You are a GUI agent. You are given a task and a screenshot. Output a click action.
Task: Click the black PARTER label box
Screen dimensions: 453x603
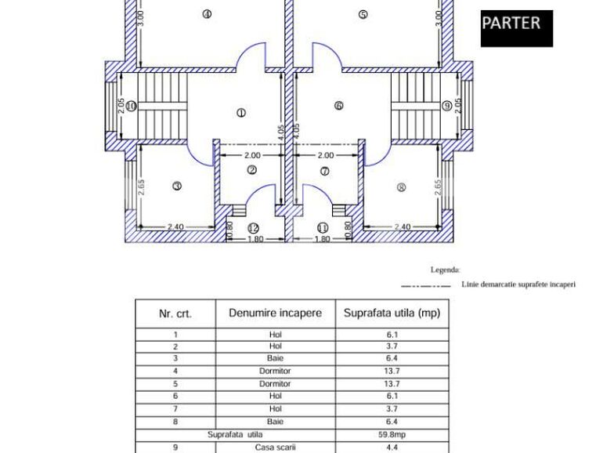(516, 28)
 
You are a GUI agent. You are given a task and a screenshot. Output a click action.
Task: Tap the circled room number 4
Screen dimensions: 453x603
(207, 13)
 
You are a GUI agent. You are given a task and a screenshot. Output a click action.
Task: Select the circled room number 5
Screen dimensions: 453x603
(363, 13)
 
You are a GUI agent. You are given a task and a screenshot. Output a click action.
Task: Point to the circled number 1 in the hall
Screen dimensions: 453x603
(240, 113)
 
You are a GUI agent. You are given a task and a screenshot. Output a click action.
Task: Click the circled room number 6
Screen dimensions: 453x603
(338, 106)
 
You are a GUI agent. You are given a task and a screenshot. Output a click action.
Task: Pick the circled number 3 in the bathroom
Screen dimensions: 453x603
(177, 186)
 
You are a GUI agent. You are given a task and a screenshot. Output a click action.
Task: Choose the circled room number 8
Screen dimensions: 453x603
(402, 187)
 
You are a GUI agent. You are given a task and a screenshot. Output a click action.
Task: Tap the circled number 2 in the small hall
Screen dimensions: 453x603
(252, 170)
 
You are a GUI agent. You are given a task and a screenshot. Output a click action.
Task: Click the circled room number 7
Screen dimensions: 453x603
(324, 171)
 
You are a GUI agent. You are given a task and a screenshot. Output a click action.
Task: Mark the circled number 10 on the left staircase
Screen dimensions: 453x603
(132, 106)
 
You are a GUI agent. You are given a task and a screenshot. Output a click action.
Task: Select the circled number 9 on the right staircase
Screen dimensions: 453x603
(446, 106)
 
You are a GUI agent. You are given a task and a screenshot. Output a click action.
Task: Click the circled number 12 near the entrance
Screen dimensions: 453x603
(252, 228)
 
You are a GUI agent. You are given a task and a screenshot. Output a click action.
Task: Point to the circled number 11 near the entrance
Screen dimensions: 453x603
(323, 228)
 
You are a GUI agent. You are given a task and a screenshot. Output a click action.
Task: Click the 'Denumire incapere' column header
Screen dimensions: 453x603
(275, 313)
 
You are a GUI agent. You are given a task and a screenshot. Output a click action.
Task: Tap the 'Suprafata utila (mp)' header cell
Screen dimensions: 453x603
(392, 313)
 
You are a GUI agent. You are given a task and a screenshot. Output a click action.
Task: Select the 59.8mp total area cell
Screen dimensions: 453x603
(392, 434)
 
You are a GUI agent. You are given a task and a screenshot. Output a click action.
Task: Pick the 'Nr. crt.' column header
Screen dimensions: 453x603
(175, 313)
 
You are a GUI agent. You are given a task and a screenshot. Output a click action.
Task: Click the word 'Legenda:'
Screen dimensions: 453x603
(445, 270)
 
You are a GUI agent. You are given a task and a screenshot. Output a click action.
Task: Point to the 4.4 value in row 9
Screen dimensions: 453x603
(392, 447)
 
